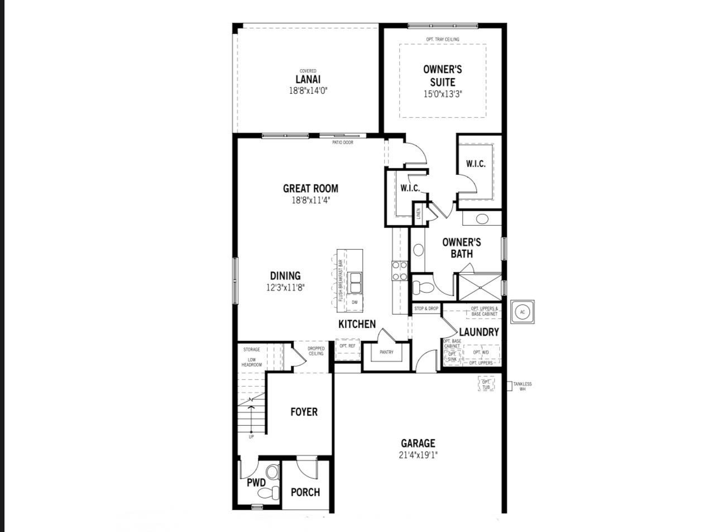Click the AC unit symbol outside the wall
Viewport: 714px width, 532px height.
(x=522, y=312)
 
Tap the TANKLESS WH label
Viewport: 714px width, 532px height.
(x=523, y=386)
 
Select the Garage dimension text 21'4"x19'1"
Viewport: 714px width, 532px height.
(x=418, y=455)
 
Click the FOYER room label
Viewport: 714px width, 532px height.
(x=304, y=412)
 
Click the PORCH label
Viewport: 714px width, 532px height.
(x=305, y=492)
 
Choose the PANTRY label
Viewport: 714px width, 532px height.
(x=386, y=352)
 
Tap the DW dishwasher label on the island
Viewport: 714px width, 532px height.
(x=354, y=302)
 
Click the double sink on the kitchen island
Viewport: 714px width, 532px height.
(x=354, y=283)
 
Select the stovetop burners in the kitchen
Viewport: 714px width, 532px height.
(x=400, y=270)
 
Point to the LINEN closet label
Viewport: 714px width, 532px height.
(x=418, y=214)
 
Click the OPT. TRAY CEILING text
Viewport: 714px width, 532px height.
(x=442, y=39)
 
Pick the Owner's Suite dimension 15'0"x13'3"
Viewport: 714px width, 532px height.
(x=443, y=94)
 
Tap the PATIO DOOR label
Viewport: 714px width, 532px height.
(x=343, y=142)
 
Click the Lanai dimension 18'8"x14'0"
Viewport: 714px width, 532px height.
(x=308, y=90)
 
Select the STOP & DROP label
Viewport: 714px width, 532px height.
(x=426, y=308)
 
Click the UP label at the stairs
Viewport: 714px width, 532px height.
(x=251, y=436)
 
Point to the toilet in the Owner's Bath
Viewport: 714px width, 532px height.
(x=423, y=288)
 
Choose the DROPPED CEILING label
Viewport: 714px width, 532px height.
(x=316, y=351)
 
